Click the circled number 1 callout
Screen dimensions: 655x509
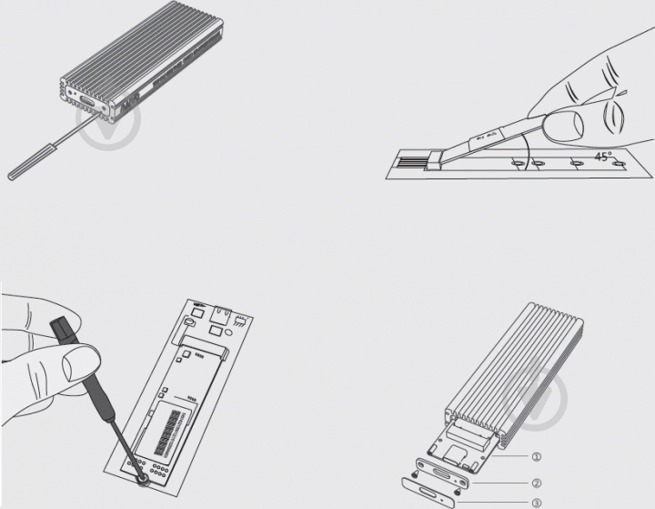point(537,457)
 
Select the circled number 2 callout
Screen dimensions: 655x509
point(537,484)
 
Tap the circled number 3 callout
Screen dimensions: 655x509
point(537,503)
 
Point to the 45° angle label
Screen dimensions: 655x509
point(603,157)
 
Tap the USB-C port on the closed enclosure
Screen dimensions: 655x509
point(87,102)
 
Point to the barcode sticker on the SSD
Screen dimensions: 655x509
point(169,433)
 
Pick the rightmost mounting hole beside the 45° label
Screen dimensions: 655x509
point(618,164)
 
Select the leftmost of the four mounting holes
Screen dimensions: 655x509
point(518,163)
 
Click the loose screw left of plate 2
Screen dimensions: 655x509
point(415,474)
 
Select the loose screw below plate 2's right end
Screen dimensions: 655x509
point(458,490)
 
